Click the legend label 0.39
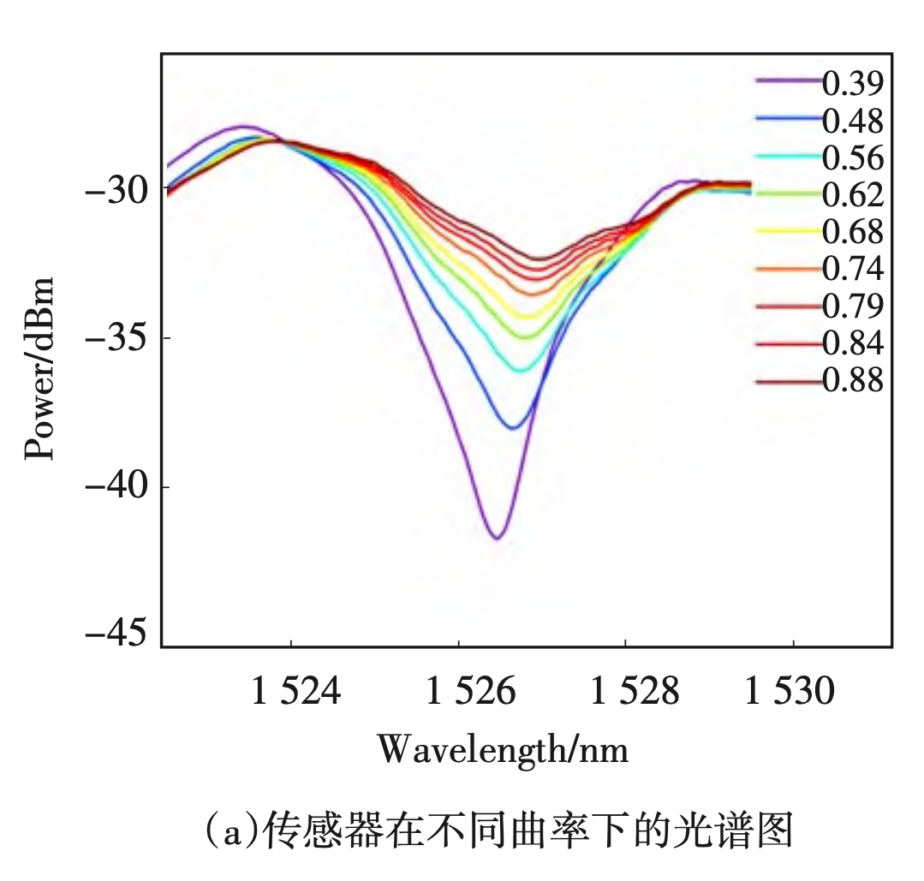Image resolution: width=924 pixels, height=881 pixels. [x=852, y=83]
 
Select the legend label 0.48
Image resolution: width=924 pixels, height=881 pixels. [x=852, y=121]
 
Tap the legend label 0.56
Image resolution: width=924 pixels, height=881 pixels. [x=852, y=158]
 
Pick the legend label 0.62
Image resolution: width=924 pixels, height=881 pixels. [x=852, y=195]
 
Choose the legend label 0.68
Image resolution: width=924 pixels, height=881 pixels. [x=852, y=232]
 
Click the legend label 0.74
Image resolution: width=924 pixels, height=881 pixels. [x=852, y=269]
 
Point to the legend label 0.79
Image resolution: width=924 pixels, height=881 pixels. [x=852, y=306]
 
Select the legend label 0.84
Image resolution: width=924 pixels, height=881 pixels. [x=852, y=343]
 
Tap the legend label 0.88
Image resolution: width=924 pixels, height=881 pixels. [x=852, y=380]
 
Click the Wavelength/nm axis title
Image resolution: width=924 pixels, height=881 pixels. [x=504, y=750]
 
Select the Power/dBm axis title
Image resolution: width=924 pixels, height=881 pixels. [x=39, y=368]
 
